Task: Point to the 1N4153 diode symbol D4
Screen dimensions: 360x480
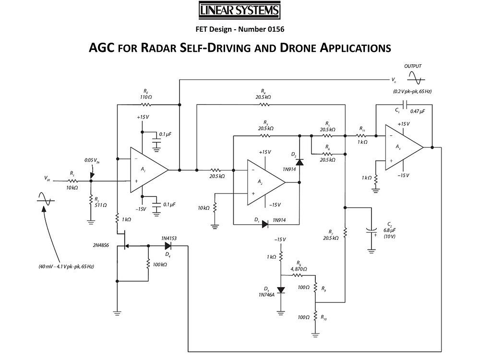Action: [168, 246]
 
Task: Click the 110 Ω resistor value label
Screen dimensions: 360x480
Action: [145, 97]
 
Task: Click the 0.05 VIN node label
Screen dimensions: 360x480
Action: [91, 160]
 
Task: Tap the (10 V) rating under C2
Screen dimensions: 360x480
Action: [389, 237]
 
